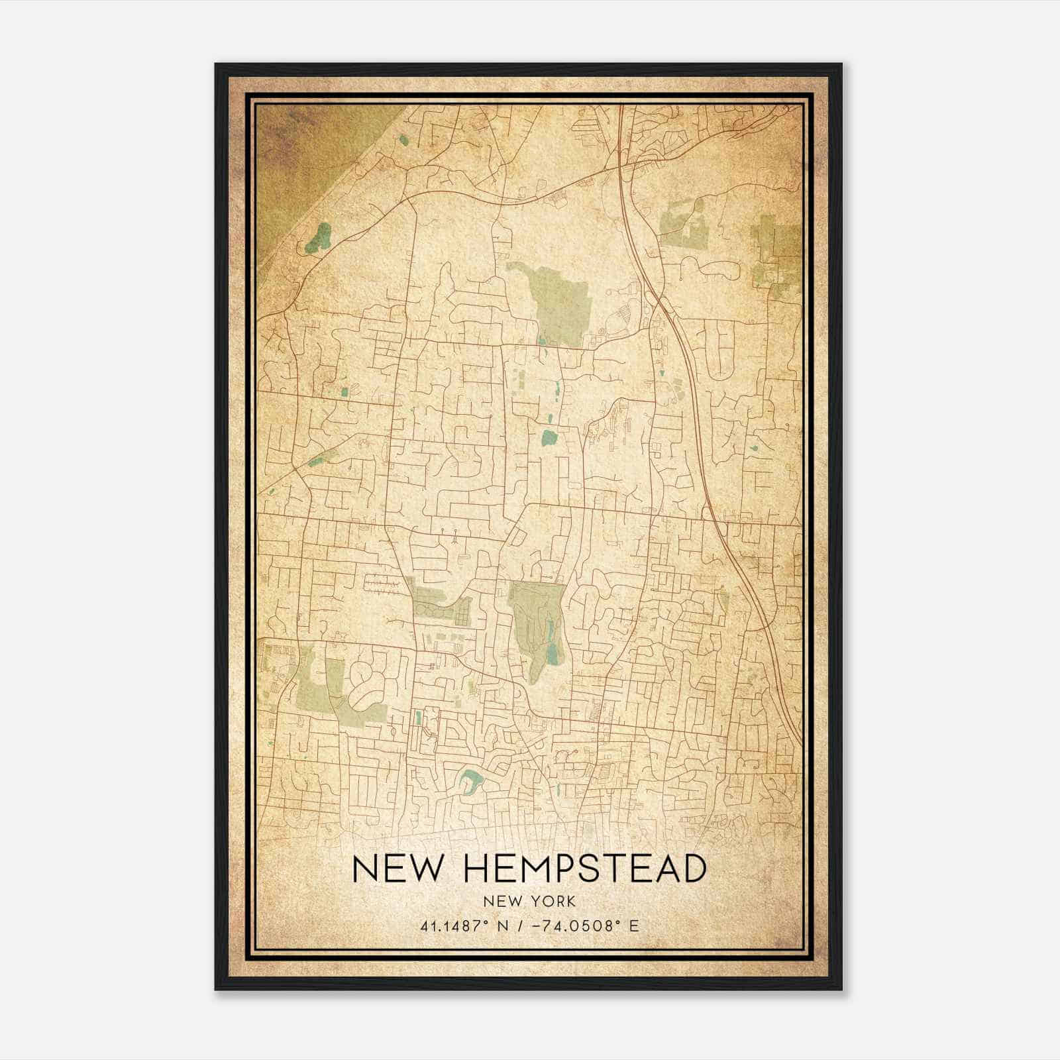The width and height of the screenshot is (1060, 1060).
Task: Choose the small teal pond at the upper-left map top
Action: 403,140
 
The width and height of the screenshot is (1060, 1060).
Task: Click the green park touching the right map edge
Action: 775,252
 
